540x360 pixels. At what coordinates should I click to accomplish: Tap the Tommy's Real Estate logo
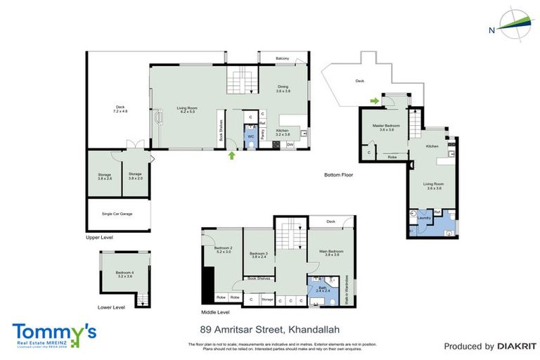(x=53, y=333)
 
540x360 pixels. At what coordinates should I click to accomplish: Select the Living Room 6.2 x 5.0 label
(x=187, y=110)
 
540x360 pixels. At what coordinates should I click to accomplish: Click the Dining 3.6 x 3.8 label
(x=283, y=89)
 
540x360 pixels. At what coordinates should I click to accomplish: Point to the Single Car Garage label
(x=117, y=214)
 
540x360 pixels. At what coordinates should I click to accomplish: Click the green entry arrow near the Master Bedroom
(x=375, y=101)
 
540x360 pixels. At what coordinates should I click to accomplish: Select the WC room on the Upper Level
(x=250, y=136)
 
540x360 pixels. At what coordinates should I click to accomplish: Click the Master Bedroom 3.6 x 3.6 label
(x=387, y=127)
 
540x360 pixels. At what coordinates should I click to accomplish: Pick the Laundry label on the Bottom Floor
(x=424, y=218)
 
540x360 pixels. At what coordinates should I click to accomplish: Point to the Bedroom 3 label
(x=259, y=255)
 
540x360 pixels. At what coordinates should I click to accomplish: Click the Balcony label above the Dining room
(x=282, y=58)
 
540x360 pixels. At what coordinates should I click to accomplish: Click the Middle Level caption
(x=214, y=312)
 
